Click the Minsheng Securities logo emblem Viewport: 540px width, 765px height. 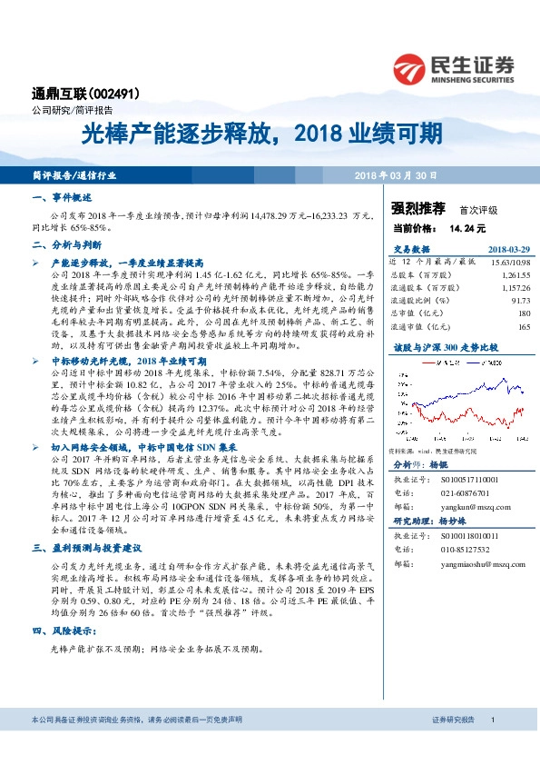click(x=412, y=66)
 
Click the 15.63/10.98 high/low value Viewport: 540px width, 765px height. click(x=509, y=261)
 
